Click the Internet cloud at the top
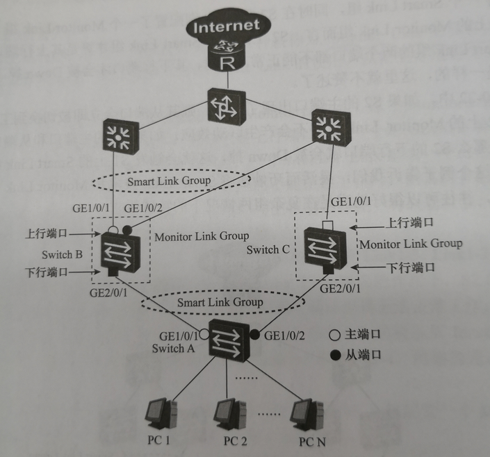(x=226, y=28)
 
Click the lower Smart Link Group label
(x=220, y=302)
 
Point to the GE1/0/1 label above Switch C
(x=349, y=202)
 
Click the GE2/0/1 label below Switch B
(x=110, y=294)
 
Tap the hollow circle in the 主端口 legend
(x=334, y=335)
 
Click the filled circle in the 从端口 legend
(x=334, y=355)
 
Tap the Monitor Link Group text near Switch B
(x=202, y=236)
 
